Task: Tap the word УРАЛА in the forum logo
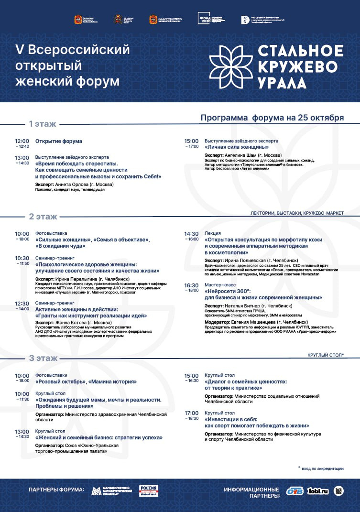282,82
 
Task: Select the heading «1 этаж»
43,124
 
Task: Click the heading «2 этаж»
43,216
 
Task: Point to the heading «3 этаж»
43,358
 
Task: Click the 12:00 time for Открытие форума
22,141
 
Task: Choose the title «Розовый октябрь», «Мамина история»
86,381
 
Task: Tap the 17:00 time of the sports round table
191,413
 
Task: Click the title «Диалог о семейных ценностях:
246,382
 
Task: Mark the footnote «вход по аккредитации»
322,468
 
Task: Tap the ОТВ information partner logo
295,491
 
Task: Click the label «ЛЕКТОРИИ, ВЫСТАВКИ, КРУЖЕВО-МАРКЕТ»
297,213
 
